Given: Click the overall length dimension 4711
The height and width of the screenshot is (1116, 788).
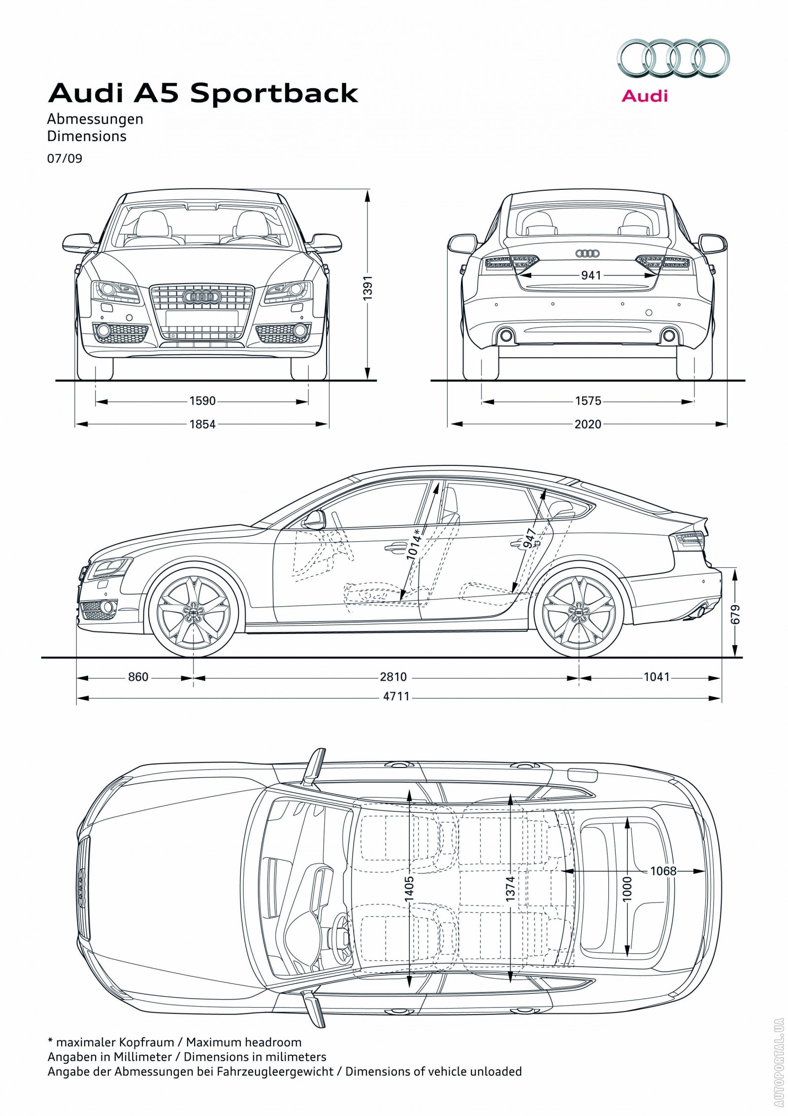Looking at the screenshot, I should point(396,697).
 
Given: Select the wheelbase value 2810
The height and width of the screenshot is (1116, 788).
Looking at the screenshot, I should point(393,677).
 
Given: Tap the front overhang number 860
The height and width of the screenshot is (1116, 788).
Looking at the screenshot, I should point(138,677).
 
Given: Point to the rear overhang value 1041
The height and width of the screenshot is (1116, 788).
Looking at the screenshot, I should point(657,677).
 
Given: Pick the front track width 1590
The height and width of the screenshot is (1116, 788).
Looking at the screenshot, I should point(202,401).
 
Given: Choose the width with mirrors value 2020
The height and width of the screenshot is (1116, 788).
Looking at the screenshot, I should point(588,424).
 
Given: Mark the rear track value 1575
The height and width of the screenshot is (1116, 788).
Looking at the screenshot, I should point(588,401).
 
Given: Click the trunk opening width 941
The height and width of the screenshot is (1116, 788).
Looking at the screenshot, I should point(591,275).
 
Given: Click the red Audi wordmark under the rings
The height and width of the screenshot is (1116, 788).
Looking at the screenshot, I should point(644,95).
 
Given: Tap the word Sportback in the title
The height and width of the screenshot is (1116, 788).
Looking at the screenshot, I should point(274,94).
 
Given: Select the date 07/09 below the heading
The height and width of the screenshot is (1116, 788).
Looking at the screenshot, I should point(65,159).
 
